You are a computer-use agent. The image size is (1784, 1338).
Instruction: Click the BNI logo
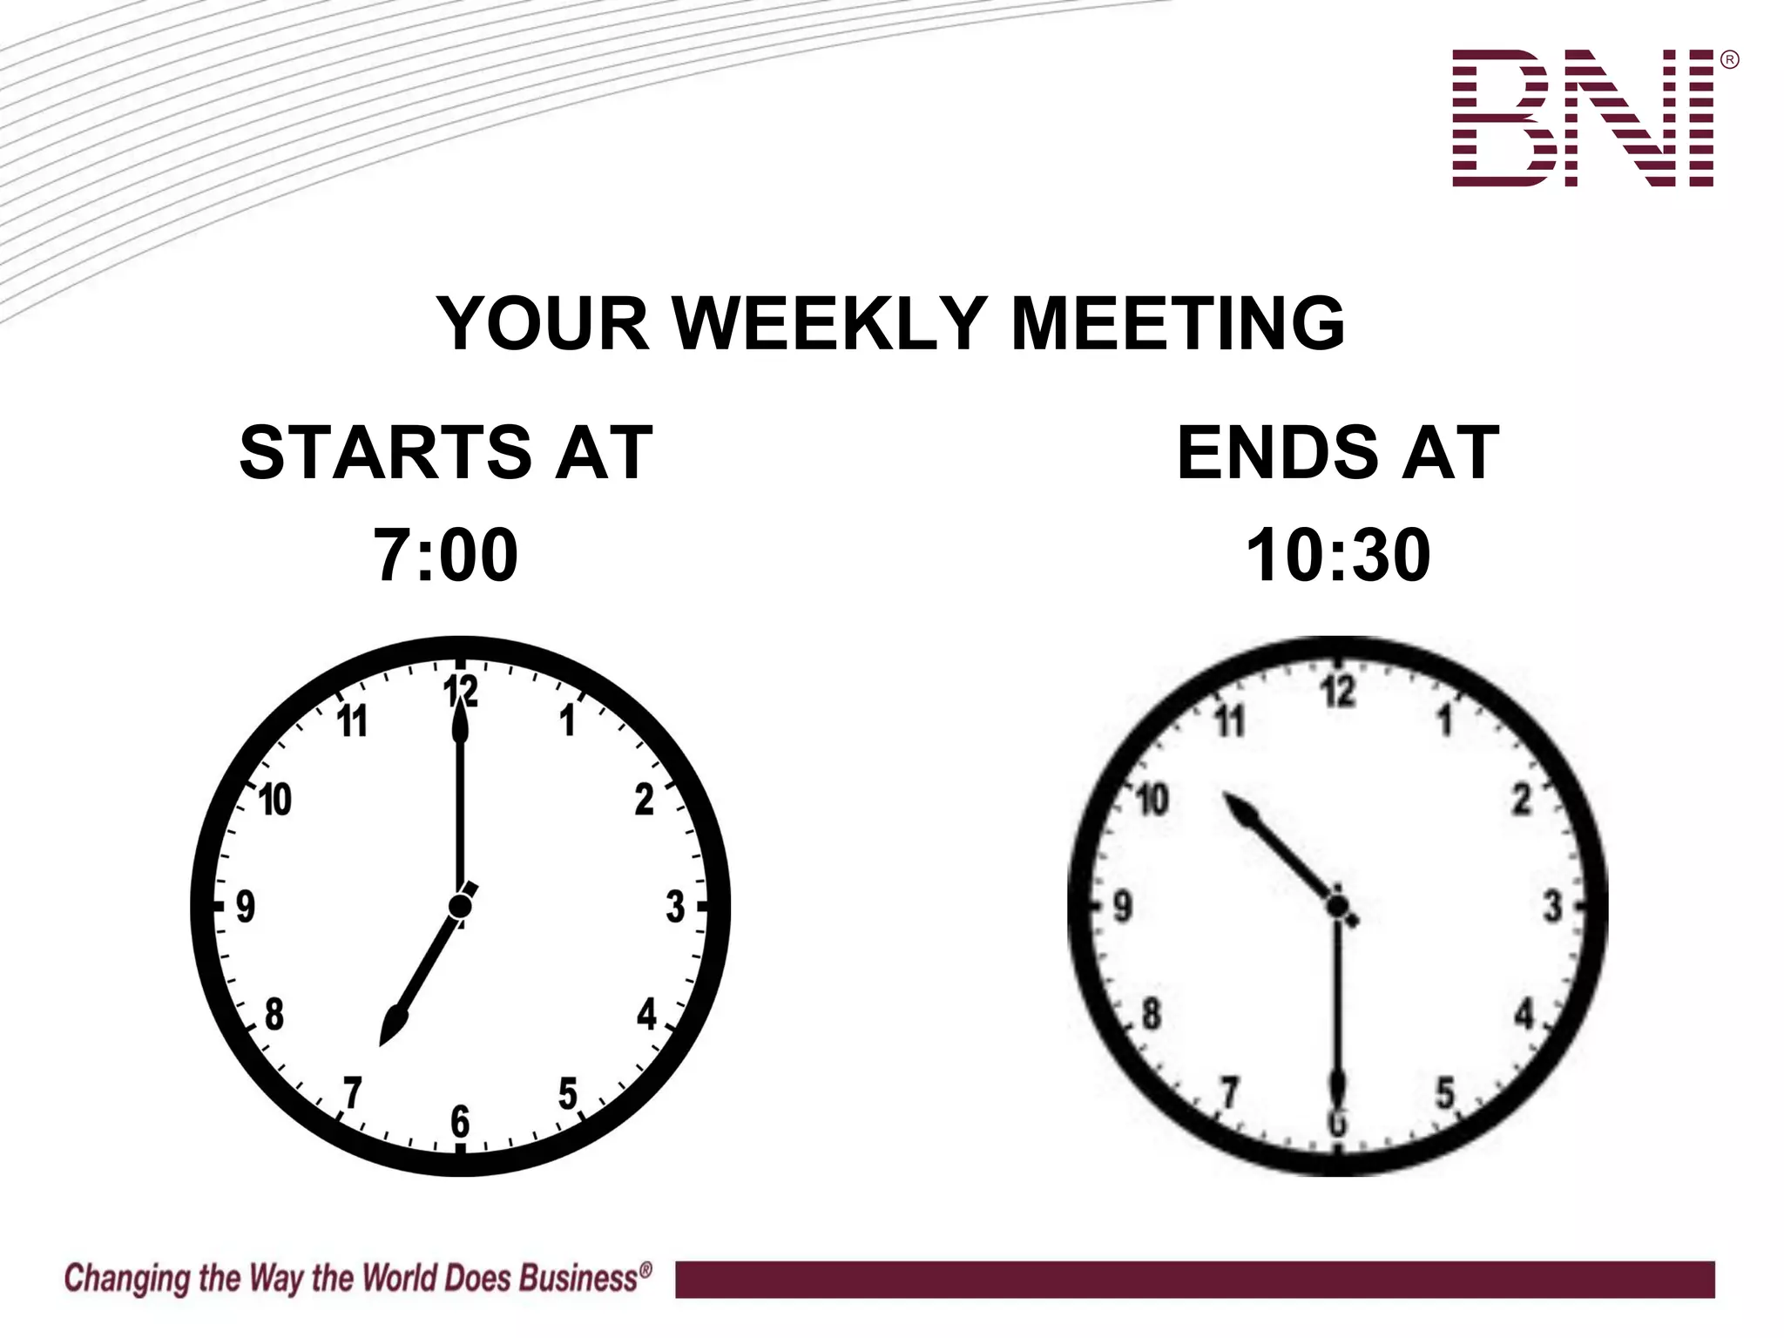point(1583,118)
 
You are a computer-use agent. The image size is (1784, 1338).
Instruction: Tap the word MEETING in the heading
point(1177,323)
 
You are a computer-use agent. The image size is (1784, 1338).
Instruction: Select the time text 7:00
point(446,555)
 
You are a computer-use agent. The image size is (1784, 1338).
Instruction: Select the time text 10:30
point(1338,555)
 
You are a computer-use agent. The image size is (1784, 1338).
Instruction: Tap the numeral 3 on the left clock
point(675,907)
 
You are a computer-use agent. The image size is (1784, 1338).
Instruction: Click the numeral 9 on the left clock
point(246,907)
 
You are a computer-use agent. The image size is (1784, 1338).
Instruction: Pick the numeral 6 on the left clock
point(460,1121)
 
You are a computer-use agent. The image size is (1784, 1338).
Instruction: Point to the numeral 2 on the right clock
point(1521,800)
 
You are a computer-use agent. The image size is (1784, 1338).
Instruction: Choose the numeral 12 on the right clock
point(1338,693)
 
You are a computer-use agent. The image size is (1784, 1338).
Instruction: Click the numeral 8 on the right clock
point(1152,1014)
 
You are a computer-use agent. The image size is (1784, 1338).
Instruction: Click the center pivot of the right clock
point(1338,907)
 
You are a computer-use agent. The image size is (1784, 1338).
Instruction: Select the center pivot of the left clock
point(460,907)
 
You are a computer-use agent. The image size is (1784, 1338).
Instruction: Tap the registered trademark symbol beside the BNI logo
point(1730,60)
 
